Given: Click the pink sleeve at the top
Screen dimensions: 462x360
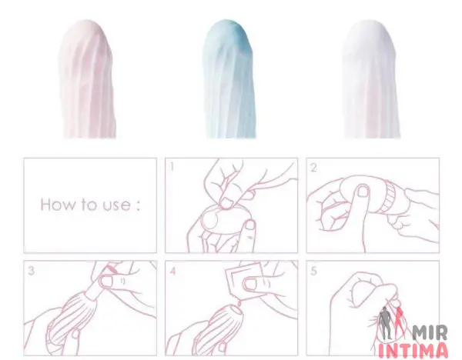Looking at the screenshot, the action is pos(86,79).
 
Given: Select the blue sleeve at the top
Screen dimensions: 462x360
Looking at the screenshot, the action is pos(229,79).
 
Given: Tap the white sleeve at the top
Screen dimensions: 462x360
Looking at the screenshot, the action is pos(371,79).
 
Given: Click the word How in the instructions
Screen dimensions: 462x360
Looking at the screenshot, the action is pos(59,204).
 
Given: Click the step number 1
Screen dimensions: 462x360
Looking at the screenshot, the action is pos(172,167).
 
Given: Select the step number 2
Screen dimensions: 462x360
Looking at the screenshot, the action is pos(313,168).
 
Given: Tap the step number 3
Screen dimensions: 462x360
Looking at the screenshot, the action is pos(31,271).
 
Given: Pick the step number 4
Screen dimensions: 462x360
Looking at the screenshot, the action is pos(172,271).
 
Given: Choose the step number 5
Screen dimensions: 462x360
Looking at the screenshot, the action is pos(314,271).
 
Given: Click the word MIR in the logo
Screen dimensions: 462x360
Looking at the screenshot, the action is pos(430,332).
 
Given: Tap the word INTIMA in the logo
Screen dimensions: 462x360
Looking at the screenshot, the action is pos(413,350).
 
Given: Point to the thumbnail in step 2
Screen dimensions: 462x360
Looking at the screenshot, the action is pos(363,191).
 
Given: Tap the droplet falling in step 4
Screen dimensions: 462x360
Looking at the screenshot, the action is pos(239,301).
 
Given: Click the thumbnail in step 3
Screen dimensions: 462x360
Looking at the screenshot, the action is pos(106,281).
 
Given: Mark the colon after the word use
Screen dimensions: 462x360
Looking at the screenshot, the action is pos(138,205).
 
